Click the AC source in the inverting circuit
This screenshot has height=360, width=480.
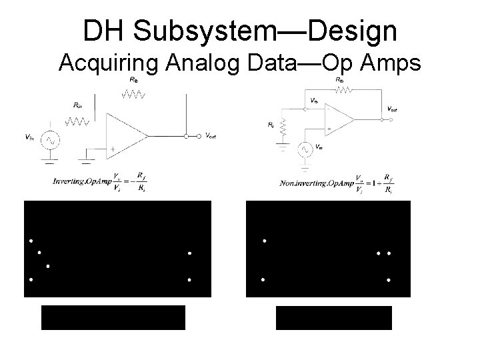tap(49, 140)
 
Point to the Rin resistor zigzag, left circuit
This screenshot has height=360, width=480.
tap(78, 121)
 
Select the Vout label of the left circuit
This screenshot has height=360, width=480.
tap(211, 137)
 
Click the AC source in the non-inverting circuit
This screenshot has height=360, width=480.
tap(307, 148)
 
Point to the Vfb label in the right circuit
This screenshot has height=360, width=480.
tap(314, 101)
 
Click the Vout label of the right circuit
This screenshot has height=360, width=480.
tap(393, 109)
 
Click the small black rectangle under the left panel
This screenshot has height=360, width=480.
tap(113, 317)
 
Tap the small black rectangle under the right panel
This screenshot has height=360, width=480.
tap(334, 317)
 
